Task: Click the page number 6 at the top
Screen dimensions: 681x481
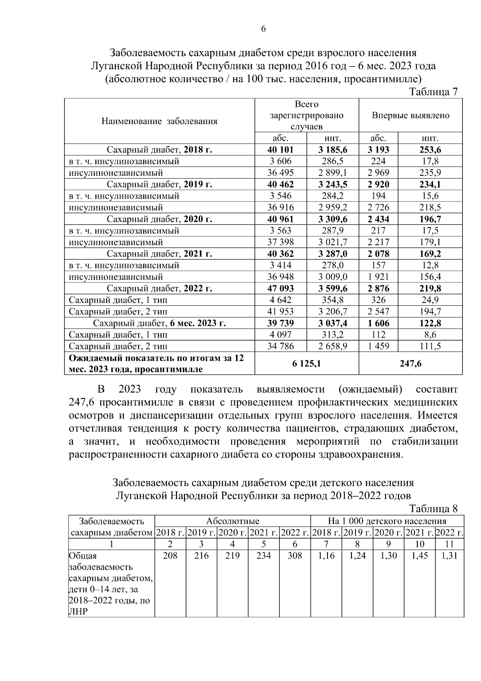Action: click(263, 29)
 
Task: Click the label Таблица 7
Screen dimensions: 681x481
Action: click(433, 92)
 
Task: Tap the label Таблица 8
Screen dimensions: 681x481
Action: click(433, 509)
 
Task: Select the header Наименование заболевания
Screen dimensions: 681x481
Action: click(159, 121)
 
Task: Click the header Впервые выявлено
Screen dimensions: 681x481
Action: click(410, 116)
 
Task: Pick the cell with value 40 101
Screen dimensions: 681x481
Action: click(281, 150)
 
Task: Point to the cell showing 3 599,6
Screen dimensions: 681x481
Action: click(333, 289)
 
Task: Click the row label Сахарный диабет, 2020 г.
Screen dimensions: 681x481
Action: click(159, 220)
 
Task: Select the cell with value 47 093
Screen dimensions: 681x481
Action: click(281, 289)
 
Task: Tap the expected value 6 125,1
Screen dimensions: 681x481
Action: click(307, 364)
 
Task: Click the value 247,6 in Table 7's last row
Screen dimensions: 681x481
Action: click(410, 364)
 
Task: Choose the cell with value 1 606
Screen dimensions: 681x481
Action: click(378, 323)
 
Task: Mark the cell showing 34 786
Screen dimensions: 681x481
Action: click(281, 346)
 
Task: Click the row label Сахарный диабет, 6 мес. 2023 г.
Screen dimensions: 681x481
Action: click(159, 323)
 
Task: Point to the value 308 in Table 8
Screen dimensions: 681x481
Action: click(295, 556)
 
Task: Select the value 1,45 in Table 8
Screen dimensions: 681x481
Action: click(420, 556)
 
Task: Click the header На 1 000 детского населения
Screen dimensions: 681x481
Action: click(387, 521)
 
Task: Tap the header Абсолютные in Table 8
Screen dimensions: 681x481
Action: click(232, 521)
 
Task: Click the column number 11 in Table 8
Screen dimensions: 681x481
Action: click(449, 545)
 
